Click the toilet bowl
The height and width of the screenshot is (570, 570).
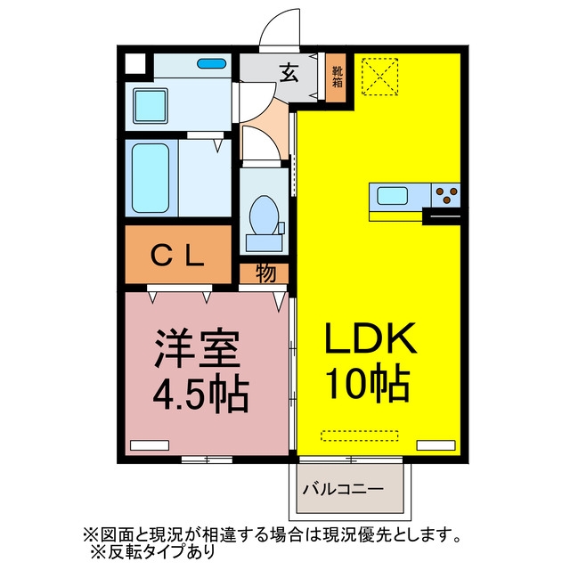pyautogui.click(x=264, y=216)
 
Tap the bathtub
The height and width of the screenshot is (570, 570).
pyautogui.click(x=151, y=178)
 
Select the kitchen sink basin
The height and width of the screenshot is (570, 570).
pyautogui.click(x=392, y=196)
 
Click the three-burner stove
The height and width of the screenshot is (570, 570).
pyautogui.click(x=446, y=195)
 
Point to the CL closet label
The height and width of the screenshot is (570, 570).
pyautogui.click(x=177, y=256)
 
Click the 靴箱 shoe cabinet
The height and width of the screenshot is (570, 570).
pyautogui.click(x=336, y=77)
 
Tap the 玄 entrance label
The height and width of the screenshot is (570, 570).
pyautogui.click(x=289, y=72)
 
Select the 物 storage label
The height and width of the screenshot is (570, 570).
pyautogui.click(x=265, y=273)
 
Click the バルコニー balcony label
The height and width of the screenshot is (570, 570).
pyautogui.click(x=343, y=489)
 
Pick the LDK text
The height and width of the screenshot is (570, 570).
pyautogui.click(x=370, y=338)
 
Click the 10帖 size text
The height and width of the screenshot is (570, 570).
pyautogui.click(x=369, y=383)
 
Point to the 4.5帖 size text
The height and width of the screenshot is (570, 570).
pyautogui.click(x=201, y=394)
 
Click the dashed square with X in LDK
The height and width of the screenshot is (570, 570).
pyautogui.click(x=380, y=77)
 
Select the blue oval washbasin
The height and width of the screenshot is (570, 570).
pyautogui.click(x=211, y=63)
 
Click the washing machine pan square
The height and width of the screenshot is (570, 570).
pyautogui.click(x=151, y=106)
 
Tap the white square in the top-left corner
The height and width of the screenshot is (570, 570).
pyautogui.click(x=134, y=63)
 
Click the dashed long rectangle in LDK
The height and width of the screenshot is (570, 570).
pyautogui.click(x=360, y=436)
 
